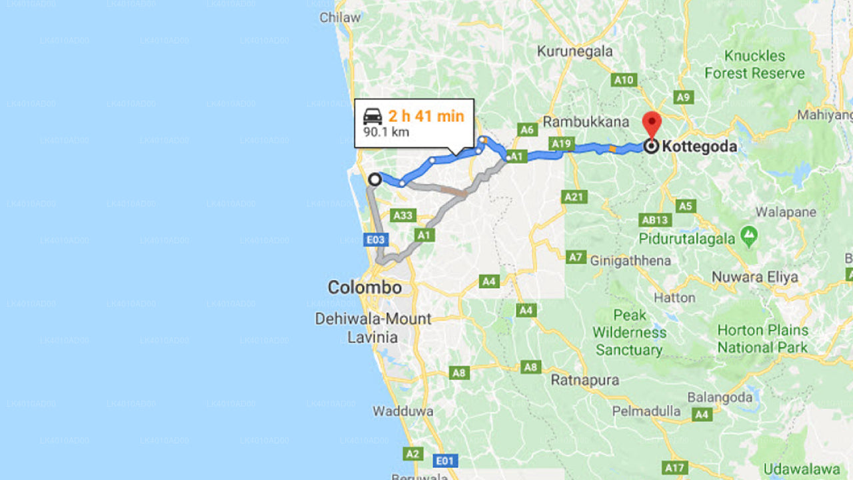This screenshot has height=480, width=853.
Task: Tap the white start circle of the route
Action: click(375, 179)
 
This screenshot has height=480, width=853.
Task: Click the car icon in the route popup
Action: click(373, 117)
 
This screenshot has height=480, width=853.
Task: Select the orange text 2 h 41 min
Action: click(426, 116)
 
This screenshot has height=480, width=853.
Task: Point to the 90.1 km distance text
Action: click(386, 132)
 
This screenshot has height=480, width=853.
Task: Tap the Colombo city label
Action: click(365, 288)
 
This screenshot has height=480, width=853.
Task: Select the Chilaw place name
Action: click(340, 17)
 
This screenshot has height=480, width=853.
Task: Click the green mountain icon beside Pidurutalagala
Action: click(750, 237)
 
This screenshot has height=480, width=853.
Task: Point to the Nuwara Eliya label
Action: click(754, 277)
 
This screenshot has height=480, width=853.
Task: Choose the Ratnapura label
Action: click(585, 381)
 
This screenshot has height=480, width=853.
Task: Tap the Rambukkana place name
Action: click(586, 122)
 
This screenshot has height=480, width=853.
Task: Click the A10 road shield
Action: click(624, 80)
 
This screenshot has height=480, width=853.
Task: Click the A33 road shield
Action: click(404, 215)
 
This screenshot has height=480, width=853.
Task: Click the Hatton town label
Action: click(674, 297)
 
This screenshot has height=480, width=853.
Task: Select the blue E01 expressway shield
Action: click(444, 460)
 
